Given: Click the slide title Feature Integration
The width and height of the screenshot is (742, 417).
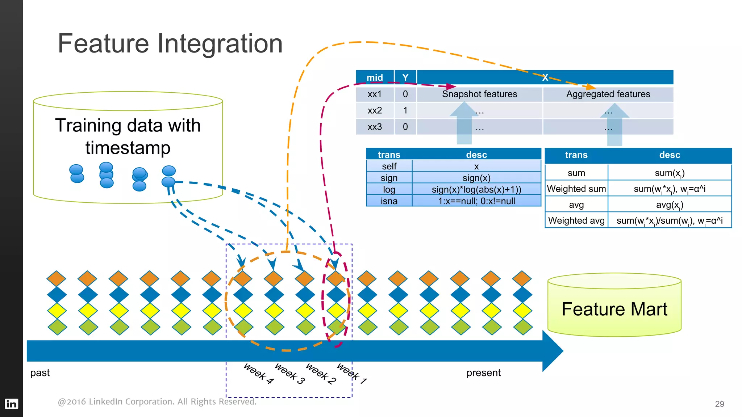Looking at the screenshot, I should pos(170,44).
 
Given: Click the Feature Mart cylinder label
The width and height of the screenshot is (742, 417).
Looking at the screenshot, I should pos(614,309).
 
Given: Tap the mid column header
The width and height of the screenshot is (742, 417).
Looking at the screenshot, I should pos(375,77).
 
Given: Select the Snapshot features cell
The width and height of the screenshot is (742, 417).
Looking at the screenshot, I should pos(479,94).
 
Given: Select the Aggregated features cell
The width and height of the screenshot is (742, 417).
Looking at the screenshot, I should pos(608,94).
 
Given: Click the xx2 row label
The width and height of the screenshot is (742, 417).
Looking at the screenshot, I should pos(375,110).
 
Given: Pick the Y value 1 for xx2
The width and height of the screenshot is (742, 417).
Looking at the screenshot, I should pos(405,110).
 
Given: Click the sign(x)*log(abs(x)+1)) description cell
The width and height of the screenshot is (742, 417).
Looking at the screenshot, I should pos(476,189).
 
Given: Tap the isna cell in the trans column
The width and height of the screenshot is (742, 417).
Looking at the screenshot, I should pos(389,201).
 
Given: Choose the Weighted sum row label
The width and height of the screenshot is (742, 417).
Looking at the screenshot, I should pos(576,189).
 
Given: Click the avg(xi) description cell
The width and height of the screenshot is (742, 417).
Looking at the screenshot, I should pos(670,205).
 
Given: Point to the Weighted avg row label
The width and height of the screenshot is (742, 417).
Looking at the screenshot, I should pos(576,220).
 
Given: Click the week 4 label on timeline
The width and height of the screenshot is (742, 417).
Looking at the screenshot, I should pos(259,373).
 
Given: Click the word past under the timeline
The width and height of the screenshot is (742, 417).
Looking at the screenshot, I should pos(40,373).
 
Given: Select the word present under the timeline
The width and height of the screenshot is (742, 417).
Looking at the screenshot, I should pos(483,373).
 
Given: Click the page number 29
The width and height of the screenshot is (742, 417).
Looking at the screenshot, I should pos(719,404).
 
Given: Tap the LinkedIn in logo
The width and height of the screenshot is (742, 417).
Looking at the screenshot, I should pos(11,404).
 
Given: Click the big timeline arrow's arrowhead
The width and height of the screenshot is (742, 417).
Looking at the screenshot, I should pos(552,351).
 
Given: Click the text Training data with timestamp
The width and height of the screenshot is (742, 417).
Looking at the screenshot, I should pos(128,136).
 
